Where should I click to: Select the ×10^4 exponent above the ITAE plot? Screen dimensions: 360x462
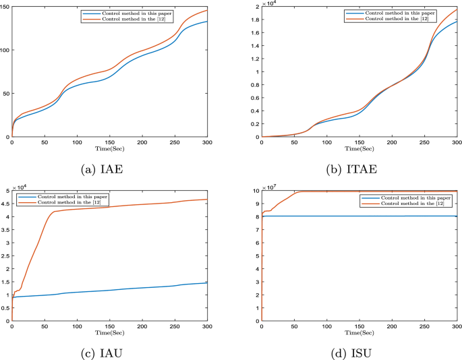coord(268,3)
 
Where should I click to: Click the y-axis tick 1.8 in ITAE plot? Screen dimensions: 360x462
coord(254,20)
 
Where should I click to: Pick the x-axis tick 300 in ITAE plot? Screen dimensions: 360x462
coord(456,143)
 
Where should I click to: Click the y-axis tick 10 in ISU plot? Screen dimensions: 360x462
coord(255,191)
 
